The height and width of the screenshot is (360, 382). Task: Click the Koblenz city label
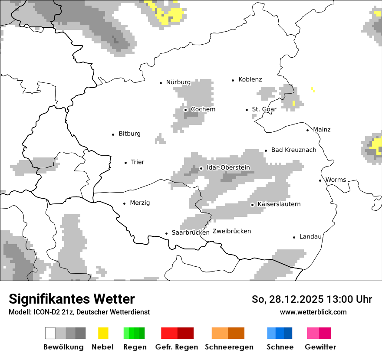(x=250, y=79)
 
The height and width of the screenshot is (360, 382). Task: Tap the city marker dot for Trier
(x=126, y=163)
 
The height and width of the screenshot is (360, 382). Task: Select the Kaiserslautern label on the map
(x=279, y=204)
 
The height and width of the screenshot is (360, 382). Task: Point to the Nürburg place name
(x=178, y=82)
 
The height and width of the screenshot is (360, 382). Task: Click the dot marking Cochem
(x=185, y=110)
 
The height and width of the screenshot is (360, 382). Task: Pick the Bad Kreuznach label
(x=293, y=150)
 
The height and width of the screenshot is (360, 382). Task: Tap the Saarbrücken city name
(x=191, y=232)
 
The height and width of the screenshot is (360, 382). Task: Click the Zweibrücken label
(x=232, y=231)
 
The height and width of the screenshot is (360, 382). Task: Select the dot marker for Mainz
(x=308, y=130)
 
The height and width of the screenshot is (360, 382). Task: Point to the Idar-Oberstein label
(x=228, y=167)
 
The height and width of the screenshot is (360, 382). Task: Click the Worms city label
(x=336, y=180)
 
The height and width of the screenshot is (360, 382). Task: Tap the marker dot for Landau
(x=294, y=237)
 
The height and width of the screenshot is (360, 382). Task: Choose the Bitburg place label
(x=129, y=134)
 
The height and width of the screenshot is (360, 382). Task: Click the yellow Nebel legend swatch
(x=103, y=333)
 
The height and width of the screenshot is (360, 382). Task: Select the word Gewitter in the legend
(x=320, y=347)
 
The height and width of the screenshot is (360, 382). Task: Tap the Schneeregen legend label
(x=229, y=347)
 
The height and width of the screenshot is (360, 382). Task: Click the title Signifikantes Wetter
(x=72, y=299)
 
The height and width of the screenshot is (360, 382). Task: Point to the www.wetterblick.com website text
(x=313, y=312)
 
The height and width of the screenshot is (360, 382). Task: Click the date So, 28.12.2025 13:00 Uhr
(x=312, y=299)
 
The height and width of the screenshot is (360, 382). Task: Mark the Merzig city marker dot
(x=125, y=203)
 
